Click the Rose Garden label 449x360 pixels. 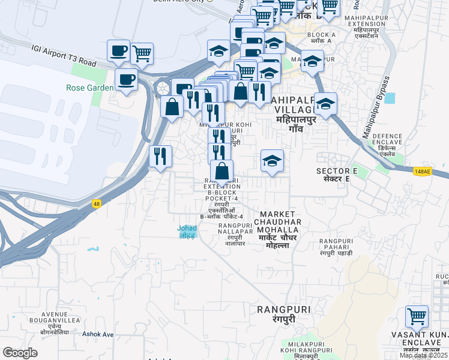click(90, 88)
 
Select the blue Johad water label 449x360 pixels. click(187, 231)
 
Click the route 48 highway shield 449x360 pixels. click(96, 203)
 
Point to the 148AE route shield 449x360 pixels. click(423, 172)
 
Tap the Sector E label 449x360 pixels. click(337, 175)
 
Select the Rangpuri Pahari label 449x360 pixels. click(336, 247)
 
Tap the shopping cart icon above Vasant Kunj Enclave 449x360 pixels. click(417, 315)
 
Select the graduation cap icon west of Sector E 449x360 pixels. click(272, 161)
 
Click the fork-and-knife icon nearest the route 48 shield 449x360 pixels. click(160, 157)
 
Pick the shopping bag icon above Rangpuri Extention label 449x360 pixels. click(221, 170)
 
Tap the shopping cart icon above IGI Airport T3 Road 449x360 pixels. click(142, 53)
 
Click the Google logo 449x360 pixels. click(20, 353)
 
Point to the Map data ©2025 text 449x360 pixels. click(423, 355)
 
